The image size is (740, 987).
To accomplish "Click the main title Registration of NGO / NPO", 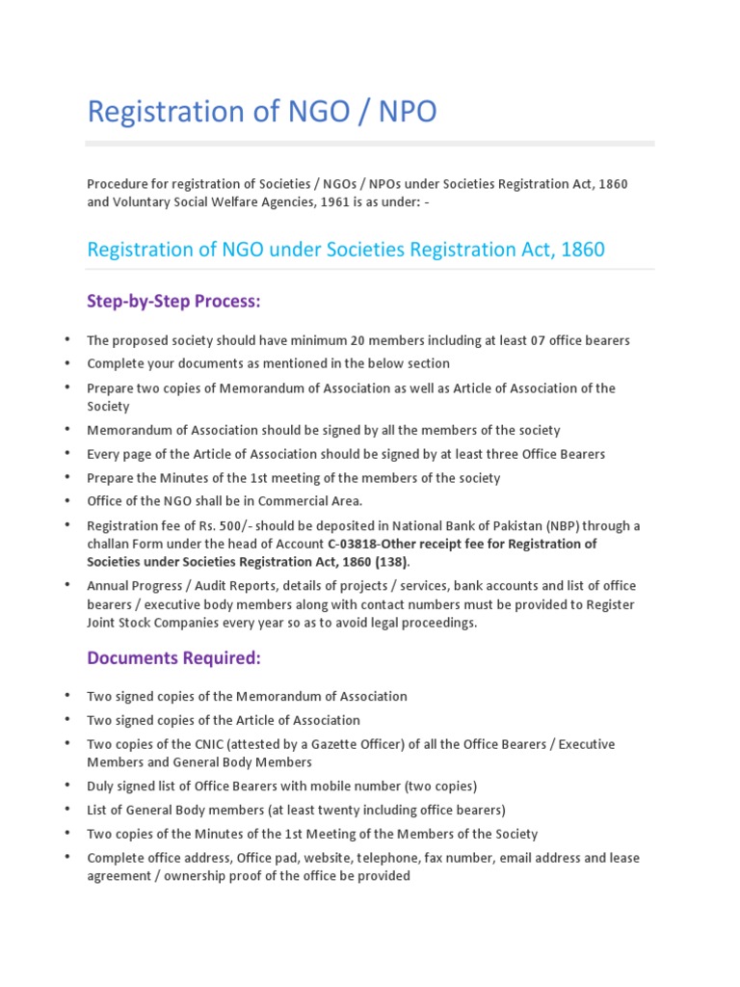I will click(261, 112).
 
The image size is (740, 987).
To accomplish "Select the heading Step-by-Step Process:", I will click(173, 302).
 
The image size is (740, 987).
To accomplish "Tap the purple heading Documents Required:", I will click(173, 657).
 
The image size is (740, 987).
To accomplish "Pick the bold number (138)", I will click(387, 562).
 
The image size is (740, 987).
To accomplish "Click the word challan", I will click(109, 544).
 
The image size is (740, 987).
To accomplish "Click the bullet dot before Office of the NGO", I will click(67, 501).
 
